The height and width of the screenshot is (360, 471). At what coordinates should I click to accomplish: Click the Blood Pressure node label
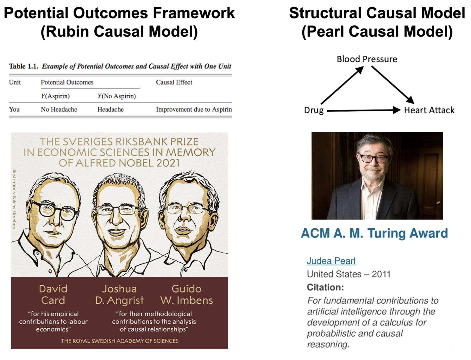click(367, 59)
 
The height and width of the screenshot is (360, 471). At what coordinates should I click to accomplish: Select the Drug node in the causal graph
click(314, 110)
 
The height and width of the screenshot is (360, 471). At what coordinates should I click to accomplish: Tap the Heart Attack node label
click(429, 110)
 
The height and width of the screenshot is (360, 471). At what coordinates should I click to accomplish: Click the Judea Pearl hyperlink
click(331, 261)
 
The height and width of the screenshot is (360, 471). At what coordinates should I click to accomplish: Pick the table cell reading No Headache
click(59, 109)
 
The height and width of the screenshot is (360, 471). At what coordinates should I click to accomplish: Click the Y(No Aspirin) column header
click(116, 96)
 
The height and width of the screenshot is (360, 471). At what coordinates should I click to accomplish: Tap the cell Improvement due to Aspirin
click(194, 109)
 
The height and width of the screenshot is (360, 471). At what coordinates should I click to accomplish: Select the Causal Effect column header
click(174, 82)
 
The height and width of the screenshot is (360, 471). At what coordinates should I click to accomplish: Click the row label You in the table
click(14, 109)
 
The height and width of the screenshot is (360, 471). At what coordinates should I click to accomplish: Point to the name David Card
click(53, 295)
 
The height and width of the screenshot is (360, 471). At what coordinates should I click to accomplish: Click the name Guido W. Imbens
click(186, 295)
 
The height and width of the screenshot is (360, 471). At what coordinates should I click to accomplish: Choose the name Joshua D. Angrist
click(119, 295)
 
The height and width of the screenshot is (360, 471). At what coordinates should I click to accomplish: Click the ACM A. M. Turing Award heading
click(374, 233)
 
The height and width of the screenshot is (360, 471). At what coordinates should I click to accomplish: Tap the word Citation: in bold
click(325, 287)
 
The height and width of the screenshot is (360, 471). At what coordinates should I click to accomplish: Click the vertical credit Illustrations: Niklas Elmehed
click(14, 199)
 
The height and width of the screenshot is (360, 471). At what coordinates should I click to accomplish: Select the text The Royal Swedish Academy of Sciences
click(120, 341)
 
